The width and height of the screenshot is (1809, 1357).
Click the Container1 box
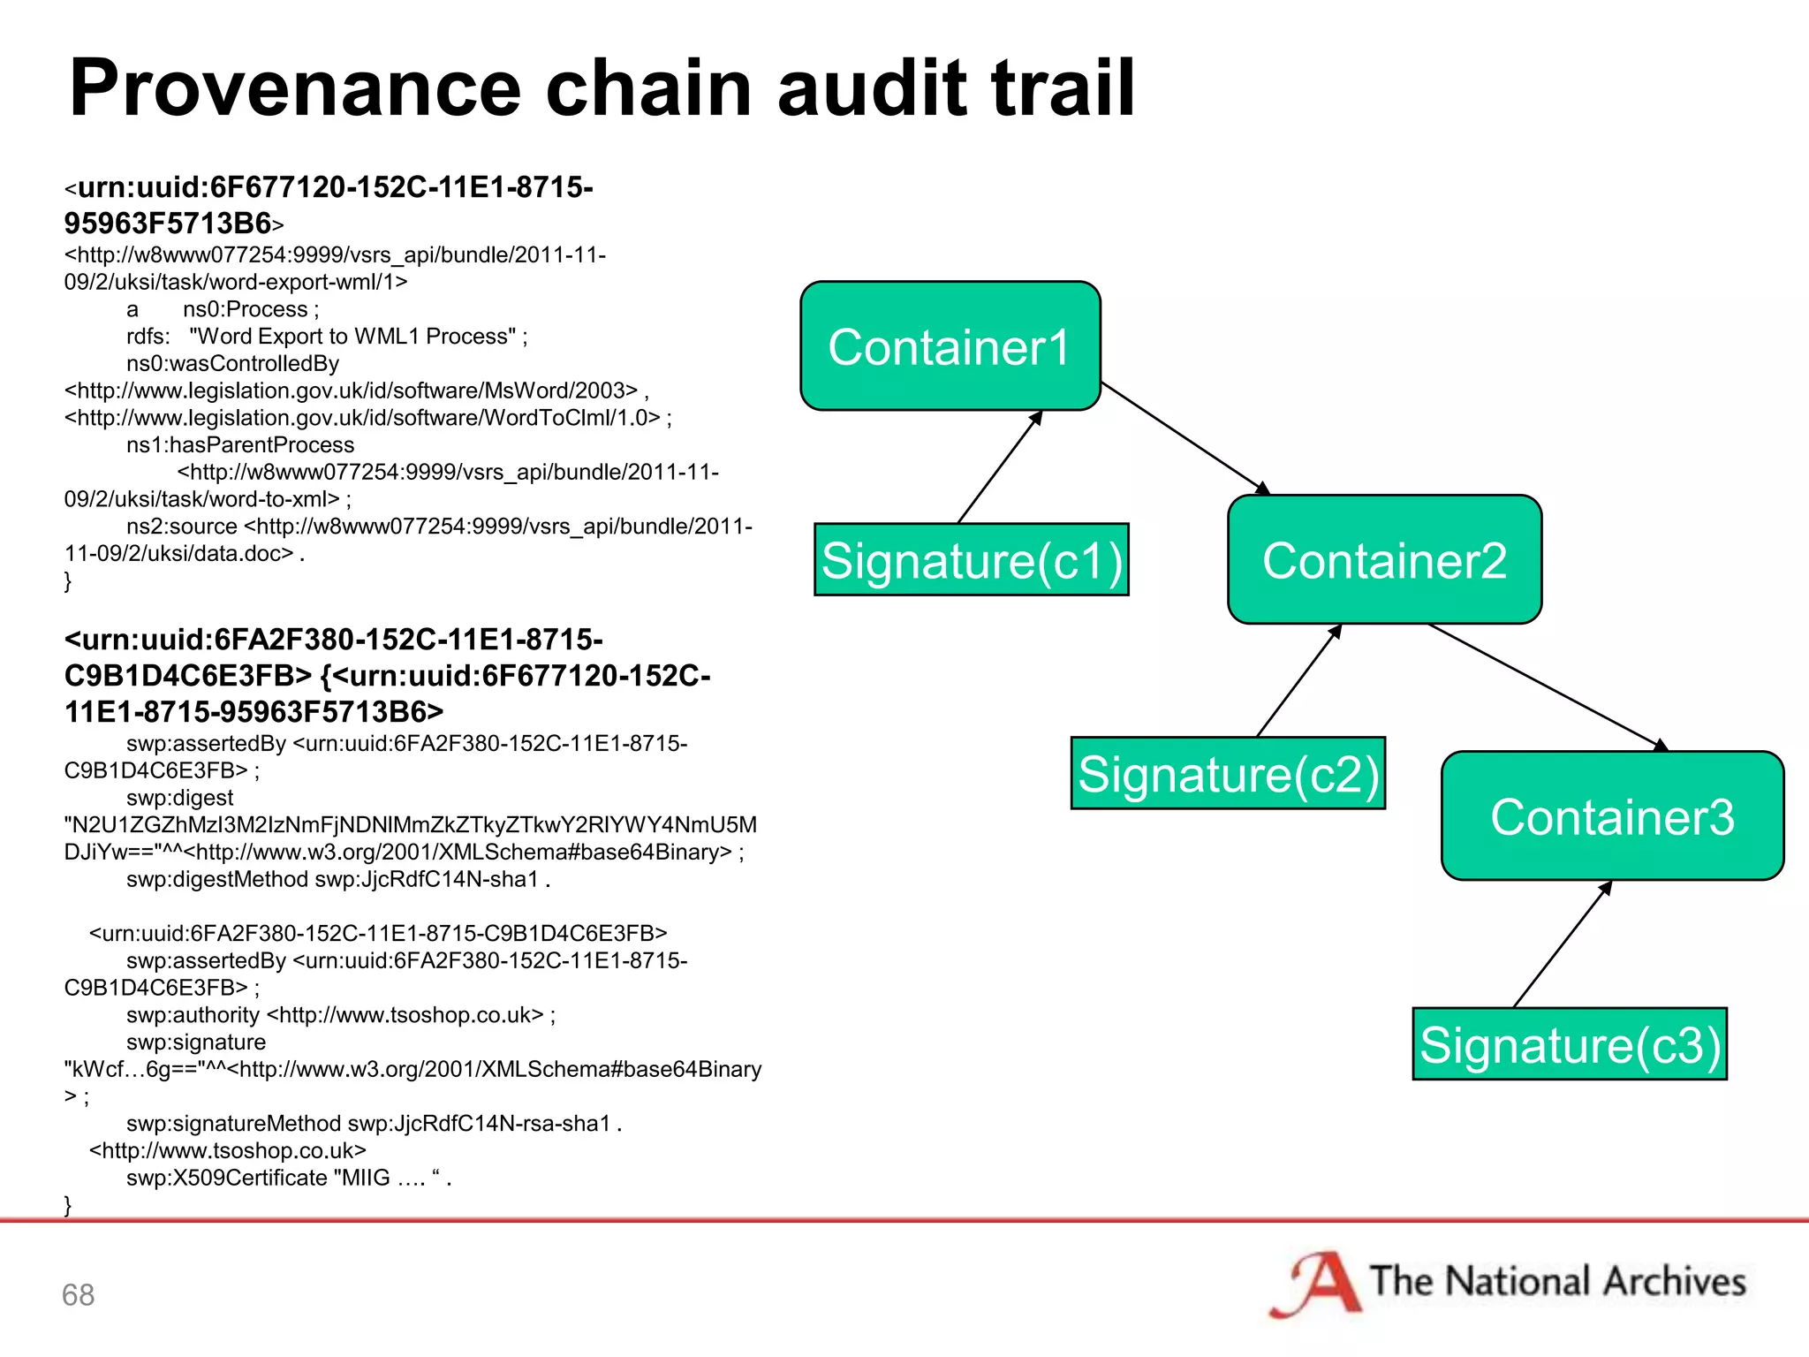950,346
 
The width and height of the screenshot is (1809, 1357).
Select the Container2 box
1384,559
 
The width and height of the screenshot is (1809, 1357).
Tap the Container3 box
1612,816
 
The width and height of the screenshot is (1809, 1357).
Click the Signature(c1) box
971,560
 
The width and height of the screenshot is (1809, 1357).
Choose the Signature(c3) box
1570,1044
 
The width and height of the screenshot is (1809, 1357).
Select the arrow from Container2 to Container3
1546,687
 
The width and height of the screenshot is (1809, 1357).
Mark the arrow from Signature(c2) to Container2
1298,681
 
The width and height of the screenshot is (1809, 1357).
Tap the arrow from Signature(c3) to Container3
1562,944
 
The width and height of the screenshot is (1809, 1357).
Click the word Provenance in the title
295,88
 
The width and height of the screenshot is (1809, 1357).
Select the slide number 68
78,1295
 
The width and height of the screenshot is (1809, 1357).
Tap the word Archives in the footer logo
1675,1282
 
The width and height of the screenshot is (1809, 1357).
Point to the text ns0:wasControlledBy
232,363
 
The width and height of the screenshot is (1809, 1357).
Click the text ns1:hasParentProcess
239,444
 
